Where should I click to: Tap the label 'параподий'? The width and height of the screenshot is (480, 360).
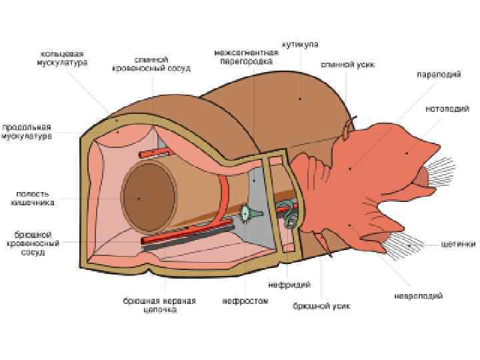[439, 75]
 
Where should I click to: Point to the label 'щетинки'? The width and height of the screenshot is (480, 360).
[458, 244]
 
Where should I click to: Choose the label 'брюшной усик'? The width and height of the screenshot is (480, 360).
[321, 306]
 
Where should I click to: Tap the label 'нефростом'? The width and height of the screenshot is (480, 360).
[245, 301]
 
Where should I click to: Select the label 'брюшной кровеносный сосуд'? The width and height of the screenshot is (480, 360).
[31, 243]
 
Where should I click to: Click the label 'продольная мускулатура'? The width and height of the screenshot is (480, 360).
[27, 131]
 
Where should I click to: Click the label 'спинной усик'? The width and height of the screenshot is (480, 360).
[348, 65]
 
